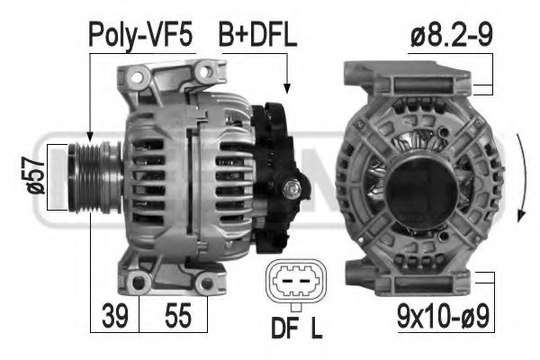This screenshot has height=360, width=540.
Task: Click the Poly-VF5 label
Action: tap(140, 36)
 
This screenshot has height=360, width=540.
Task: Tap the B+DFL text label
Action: tap(257, 35)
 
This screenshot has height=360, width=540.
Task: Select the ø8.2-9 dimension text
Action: tap(452, 35)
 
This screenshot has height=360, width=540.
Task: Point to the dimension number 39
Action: tap(115, 316)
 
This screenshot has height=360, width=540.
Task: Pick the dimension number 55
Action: tap(177, 316)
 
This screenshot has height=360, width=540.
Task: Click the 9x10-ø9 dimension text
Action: tap(443, 317)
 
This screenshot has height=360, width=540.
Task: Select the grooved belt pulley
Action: tap(94, 177)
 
